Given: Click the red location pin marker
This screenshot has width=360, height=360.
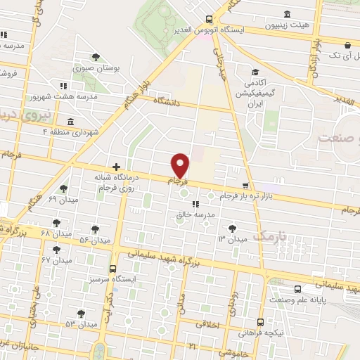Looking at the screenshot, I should click(x=181, y=165).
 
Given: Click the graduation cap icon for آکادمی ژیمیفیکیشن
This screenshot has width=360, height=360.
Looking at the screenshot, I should click(x=256, y=71).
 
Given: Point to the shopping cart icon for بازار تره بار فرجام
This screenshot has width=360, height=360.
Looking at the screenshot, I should click(x=244, y=186).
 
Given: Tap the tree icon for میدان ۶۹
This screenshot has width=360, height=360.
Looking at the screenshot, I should click(x=63, y=188).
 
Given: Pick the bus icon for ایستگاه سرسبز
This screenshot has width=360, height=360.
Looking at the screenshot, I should click(x=113, y=268).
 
